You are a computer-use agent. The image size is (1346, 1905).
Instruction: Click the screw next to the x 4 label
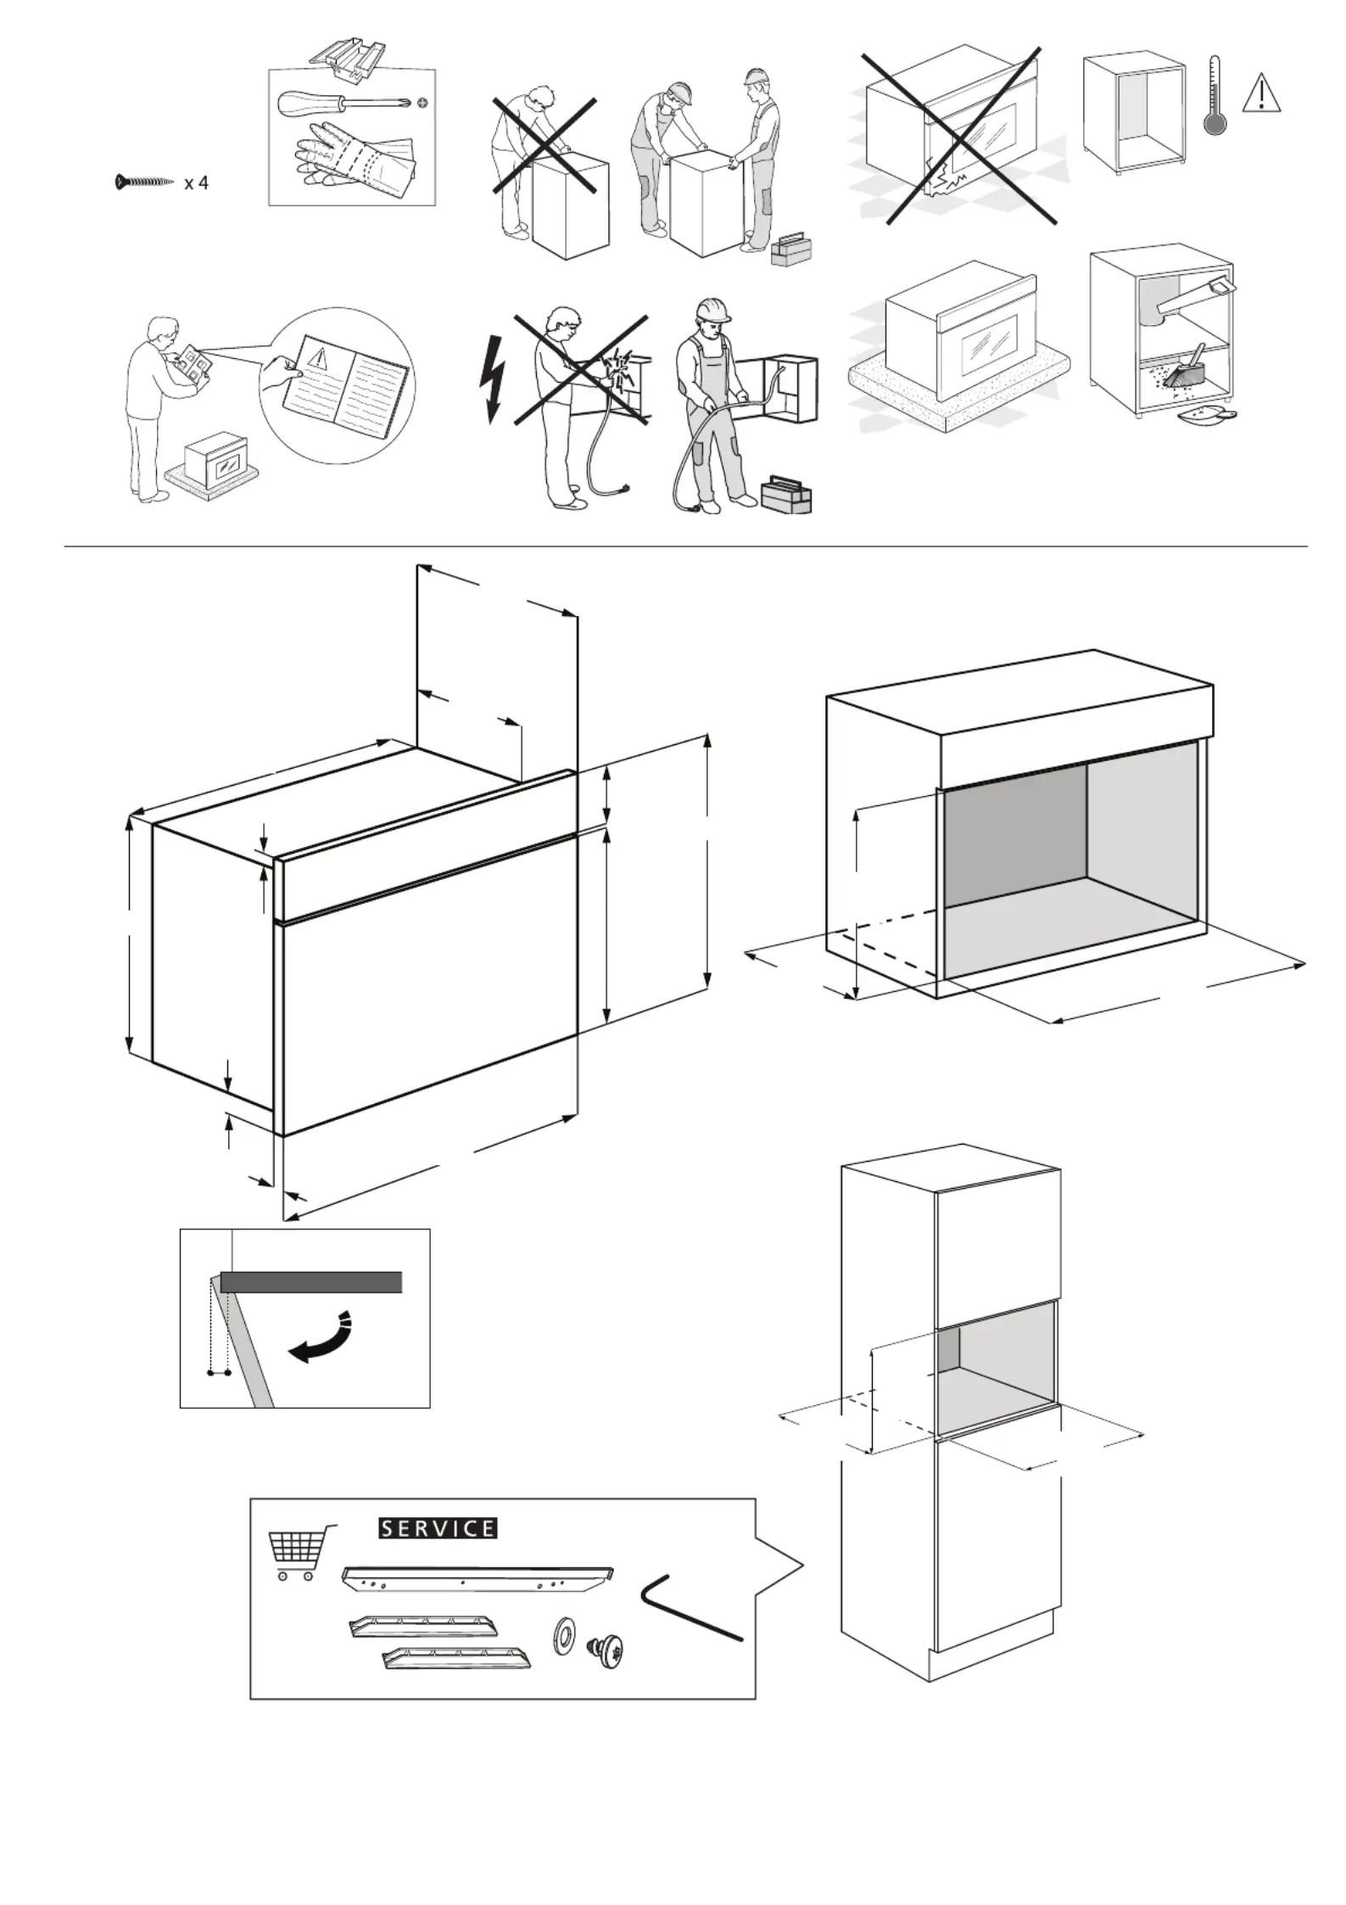[144, 182]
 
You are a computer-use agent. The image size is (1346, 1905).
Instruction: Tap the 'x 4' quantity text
[196, 182]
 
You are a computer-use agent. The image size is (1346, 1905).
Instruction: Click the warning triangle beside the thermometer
[1262, 93]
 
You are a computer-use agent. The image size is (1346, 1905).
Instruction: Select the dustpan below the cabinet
[1207, 414]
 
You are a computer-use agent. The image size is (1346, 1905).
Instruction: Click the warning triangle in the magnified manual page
[320, 356]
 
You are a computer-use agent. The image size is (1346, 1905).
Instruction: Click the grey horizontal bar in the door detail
[310, 1281]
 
